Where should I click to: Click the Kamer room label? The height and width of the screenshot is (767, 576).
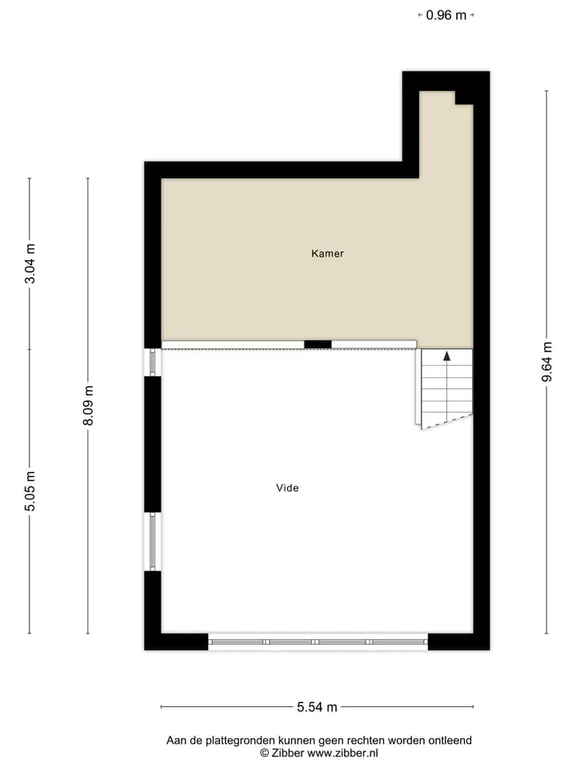327,253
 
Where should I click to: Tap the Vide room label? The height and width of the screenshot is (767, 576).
287,487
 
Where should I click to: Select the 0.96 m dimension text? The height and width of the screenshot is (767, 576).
446,15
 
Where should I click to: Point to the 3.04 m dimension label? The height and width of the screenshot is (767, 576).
30,263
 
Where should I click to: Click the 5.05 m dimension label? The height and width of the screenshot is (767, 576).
30,491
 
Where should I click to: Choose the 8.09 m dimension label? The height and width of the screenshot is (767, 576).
88,406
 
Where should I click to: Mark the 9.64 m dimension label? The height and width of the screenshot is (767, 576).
547,362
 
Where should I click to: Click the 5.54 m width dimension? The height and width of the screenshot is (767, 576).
317,707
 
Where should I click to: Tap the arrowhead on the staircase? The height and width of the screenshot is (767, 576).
446,356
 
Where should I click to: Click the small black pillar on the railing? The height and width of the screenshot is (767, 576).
318,344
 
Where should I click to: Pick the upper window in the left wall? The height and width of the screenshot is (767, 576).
152,362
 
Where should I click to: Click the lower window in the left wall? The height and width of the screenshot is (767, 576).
152,542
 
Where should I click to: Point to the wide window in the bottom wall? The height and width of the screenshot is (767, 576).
318,642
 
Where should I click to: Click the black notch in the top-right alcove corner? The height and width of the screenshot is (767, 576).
464,97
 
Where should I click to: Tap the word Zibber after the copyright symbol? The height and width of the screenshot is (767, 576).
287,753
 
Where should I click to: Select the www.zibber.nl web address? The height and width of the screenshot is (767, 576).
342,753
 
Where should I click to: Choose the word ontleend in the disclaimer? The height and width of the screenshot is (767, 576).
450,740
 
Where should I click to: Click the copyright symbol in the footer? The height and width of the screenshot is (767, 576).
265,753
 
